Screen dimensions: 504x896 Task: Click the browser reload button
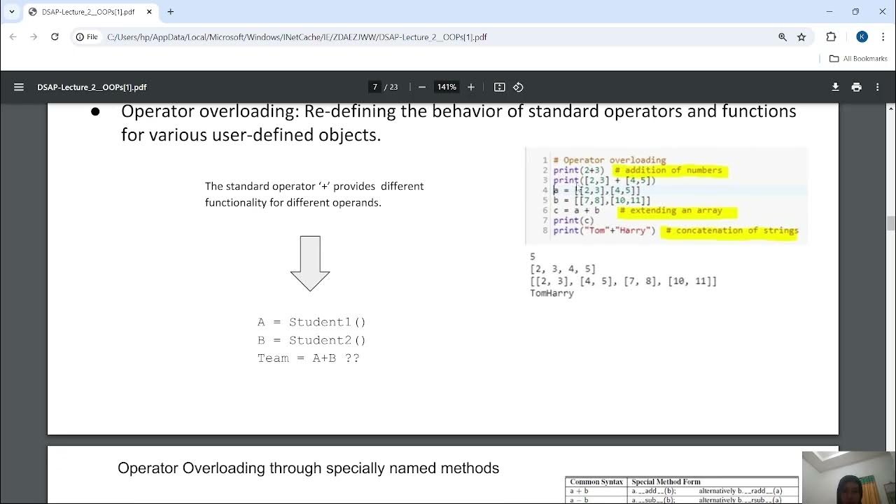[55, 37]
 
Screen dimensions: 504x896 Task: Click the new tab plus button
[170, 12]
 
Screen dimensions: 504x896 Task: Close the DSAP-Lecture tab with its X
[149, 12]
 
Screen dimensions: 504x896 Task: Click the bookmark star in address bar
[801, 37]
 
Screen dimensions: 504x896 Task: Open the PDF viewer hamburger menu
[19, 87]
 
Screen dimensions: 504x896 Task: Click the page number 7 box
[375, 87]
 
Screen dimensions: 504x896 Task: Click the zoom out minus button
[421, 87]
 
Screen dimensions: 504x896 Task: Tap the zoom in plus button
[471, 87]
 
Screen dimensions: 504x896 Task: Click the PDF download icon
[835, 87]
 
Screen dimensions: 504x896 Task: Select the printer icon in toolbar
[856, 87]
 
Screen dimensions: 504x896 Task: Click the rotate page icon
[518, 87]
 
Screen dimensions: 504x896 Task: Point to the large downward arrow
[310, 263]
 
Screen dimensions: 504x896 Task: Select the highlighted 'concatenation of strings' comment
[732, 230]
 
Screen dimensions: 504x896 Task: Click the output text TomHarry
[552, 293]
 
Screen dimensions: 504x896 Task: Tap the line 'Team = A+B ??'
[308, 358]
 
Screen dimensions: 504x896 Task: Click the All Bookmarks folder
[858, 59]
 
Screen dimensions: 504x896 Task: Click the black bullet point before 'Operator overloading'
[95, 112]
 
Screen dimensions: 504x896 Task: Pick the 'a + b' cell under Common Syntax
[578, 491]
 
